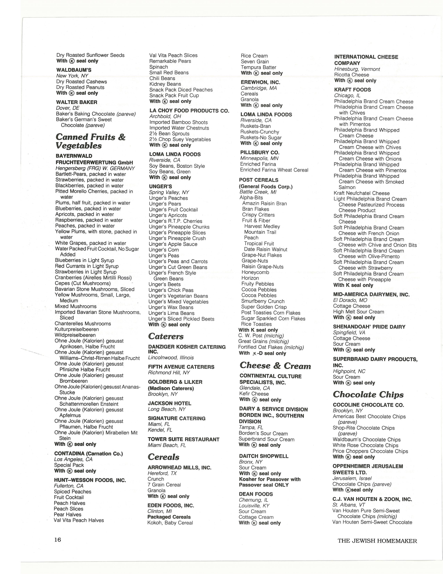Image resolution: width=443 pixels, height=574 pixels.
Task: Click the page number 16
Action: [58, 540]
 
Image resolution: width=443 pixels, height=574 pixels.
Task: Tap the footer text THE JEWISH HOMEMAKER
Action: [377, 541]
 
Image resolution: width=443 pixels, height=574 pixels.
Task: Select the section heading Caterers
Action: [166, 336]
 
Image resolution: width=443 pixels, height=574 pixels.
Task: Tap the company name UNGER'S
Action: [160, 186]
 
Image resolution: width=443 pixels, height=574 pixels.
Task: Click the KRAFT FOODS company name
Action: [352, 90]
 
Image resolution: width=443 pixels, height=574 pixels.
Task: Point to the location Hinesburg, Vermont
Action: [357, 69]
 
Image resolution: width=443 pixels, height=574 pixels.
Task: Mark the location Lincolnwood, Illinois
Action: [171, 357]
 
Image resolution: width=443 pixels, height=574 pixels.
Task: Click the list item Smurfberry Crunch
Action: [263, 301]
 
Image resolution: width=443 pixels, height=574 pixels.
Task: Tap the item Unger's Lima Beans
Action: [171, 313]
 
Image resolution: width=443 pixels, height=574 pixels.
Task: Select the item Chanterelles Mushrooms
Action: [83, 324]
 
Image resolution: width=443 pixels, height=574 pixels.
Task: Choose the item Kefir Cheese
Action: [254, 394]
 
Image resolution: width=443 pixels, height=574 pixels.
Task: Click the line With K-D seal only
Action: [262, 353]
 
